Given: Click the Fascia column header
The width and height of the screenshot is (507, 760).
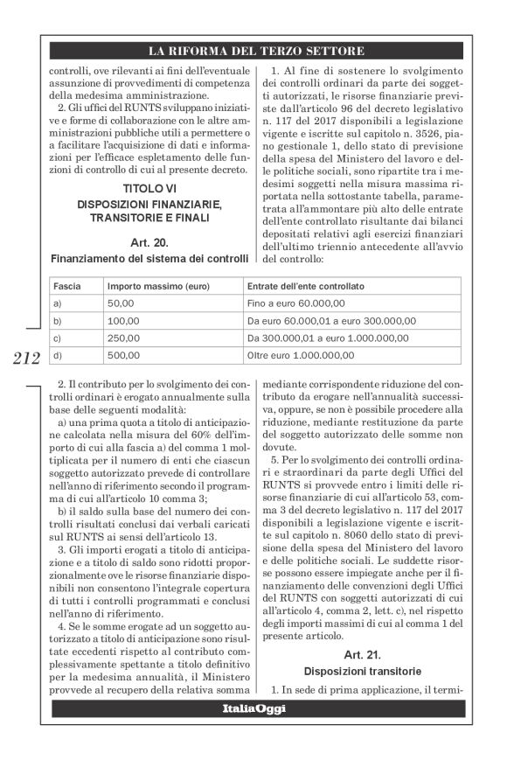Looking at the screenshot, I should (x=66, y=287).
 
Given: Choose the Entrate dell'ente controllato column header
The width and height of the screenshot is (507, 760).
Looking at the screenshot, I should (x=306, y=287).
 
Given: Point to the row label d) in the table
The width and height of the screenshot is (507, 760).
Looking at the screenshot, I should (x=58, y=355).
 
